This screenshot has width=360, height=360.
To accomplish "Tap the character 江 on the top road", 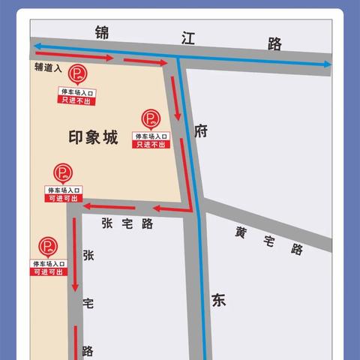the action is coord(187,39).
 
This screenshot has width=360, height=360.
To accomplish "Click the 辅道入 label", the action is coord(48,67).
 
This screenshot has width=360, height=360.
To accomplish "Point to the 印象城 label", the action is coord(93,138).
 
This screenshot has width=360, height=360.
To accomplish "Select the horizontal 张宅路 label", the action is coord(127,223).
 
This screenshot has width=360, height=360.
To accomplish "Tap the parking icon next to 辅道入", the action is coord(77,73).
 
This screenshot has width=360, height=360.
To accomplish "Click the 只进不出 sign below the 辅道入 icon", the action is coord(79,94).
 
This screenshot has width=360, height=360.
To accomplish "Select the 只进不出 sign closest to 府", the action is coord(151,139).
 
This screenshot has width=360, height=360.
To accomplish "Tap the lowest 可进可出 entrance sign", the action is coord(49,268).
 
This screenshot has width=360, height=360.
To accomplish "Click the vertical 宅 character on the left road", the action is coord(88,304).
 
